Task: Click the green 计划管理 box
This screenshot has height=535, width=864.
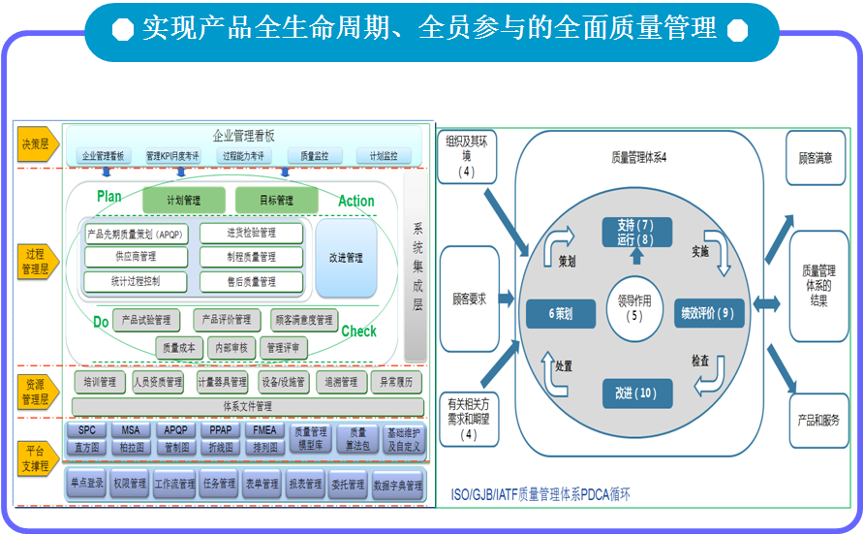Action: point(183,201)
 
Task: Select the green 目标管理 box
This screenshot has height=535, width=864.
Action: point(276,201)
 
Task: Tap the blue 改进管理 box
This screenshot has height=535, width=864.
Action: point(346,259)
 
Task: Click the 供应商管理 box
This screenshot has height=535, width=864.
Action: point(136,257)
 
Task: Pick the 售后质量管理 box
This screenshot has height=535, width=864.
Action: point(251,281)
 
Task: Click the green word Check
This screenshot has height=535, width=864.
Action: point(358,331)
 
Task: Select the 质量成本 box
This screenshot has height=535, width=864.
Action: point(179,347)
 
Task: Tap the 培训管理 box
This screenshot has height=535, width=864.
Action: point(100,382)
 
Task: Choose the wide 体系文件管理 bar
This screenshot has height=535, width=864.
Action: point(247,405)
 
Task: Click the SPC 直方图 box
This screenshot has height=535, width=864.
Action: point(87,438)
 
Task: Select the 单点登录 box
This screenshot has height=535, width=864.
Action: point(87,484)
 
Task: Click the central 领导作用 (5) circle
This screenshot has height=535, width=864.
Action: point(634,308)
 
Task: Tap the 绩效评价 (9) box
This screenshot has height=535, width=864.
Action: point(711,313)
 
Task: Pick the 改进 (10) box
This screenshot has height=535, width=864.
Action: point(634,393)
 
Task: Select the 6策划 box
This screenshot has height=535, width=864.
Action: point(560,314)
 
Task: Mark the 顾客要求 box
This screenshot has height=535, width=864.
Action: point(469,299)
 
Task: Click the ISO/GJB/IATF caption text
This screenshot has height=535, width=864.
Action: point(540,494)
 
